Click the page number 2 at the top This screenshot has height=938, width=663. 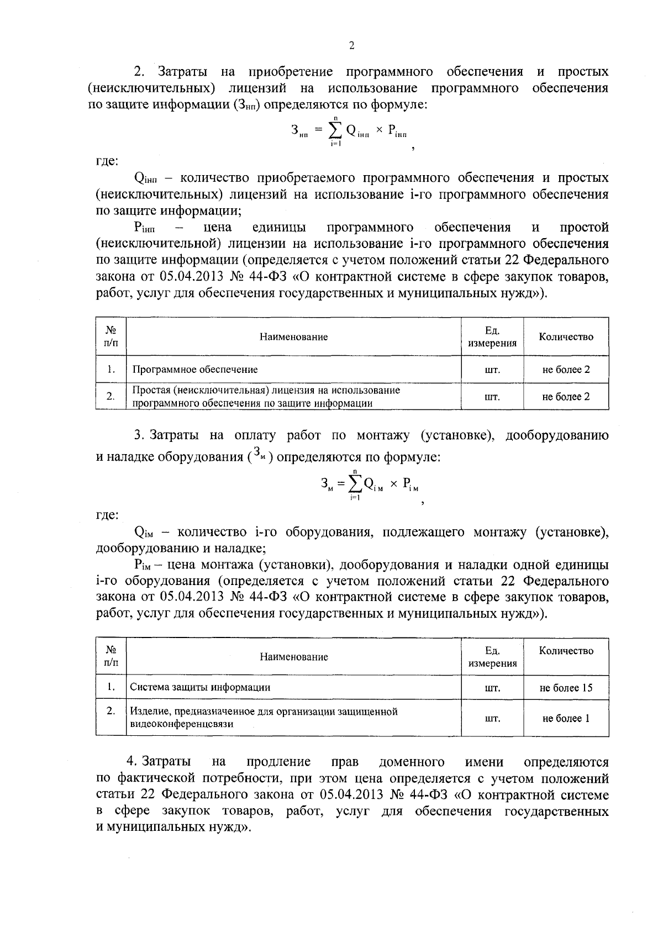351,46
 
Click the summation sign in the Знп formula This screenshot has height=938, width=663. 335,130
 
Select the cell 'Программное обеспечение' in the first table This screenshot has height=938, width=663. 194,369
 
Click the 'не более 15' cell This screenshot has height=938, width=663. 566,688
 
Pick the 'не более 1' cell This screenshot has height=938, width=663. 566,718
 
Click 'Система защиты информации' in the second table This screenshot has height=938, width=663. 200,687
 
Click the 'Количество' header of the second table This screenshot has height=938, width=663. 566,651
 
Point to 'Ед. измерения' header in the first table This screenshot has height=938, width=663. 492,337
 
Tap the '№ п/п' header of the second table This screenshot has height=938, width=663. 110,656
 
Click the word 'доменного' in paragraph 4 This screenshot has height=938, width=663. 412,762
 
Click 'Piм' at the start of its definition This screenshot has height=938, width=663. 143,565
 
